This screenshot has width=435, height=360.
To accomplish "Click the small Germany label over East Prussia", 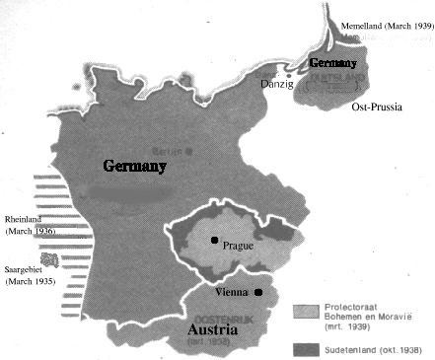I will pos(332,62).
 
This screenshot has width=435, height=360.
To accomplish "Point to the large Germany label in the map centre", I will pos(134,167).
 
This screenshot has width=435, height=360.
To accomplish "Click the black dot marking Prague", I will pos(212,240).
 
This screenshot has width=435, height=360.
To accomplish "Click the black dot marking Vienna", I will pos(257,292).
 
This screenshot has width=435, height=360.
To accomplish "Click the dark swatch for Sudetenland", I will pos(306,348).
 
